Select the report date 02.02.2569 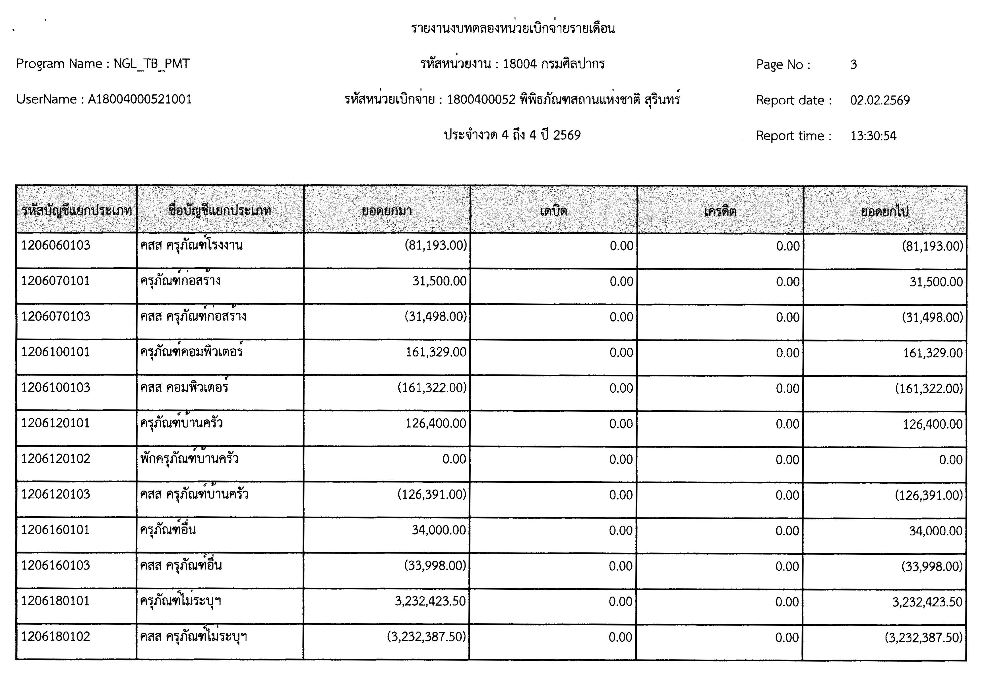(880, 100)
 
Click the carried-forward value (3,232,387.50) (923, 637)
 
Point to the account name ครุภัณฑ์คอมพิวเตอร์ (191, 352)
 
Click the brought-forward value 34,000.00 (439, 530)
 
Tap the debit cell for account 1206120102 (621, 459)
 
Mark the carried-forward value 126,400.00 (932, 424)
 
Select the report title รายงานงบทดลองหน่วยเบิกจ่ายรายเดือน (512, 28)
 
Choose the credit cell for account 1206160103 (787, 566)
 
